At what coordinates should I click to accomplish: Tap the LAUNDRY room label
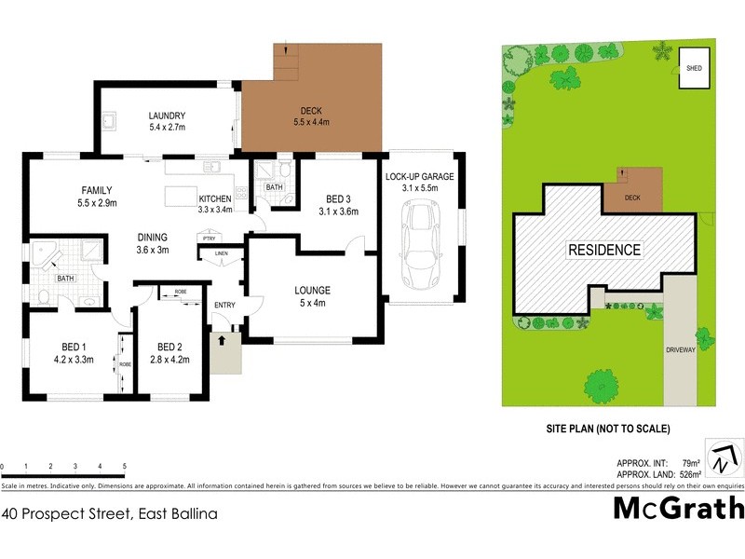tap(167, 116)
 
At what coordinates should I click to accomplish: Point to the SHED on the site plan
tap(695, 69)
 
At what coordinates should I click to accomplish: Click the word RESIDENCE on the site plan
tap(605, 250)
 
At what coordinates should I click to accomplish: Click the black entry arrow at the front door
tap(222, 341)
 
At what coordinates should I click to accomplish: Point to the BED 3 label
tap(339, 198)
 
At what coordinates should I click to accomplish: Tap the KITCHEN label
tap(215, 199)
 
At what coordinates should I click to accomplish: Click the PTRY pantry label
tap(210, 239)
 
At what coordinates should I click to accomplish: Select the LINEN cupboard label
tap(221, 253)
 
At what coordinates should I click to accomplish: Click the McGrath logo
tap(679, 507)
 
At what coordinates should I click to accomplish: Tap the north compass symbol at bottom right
tap(723, 459)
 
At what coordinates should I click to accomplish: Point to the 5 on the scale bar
tap(124, 467)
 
